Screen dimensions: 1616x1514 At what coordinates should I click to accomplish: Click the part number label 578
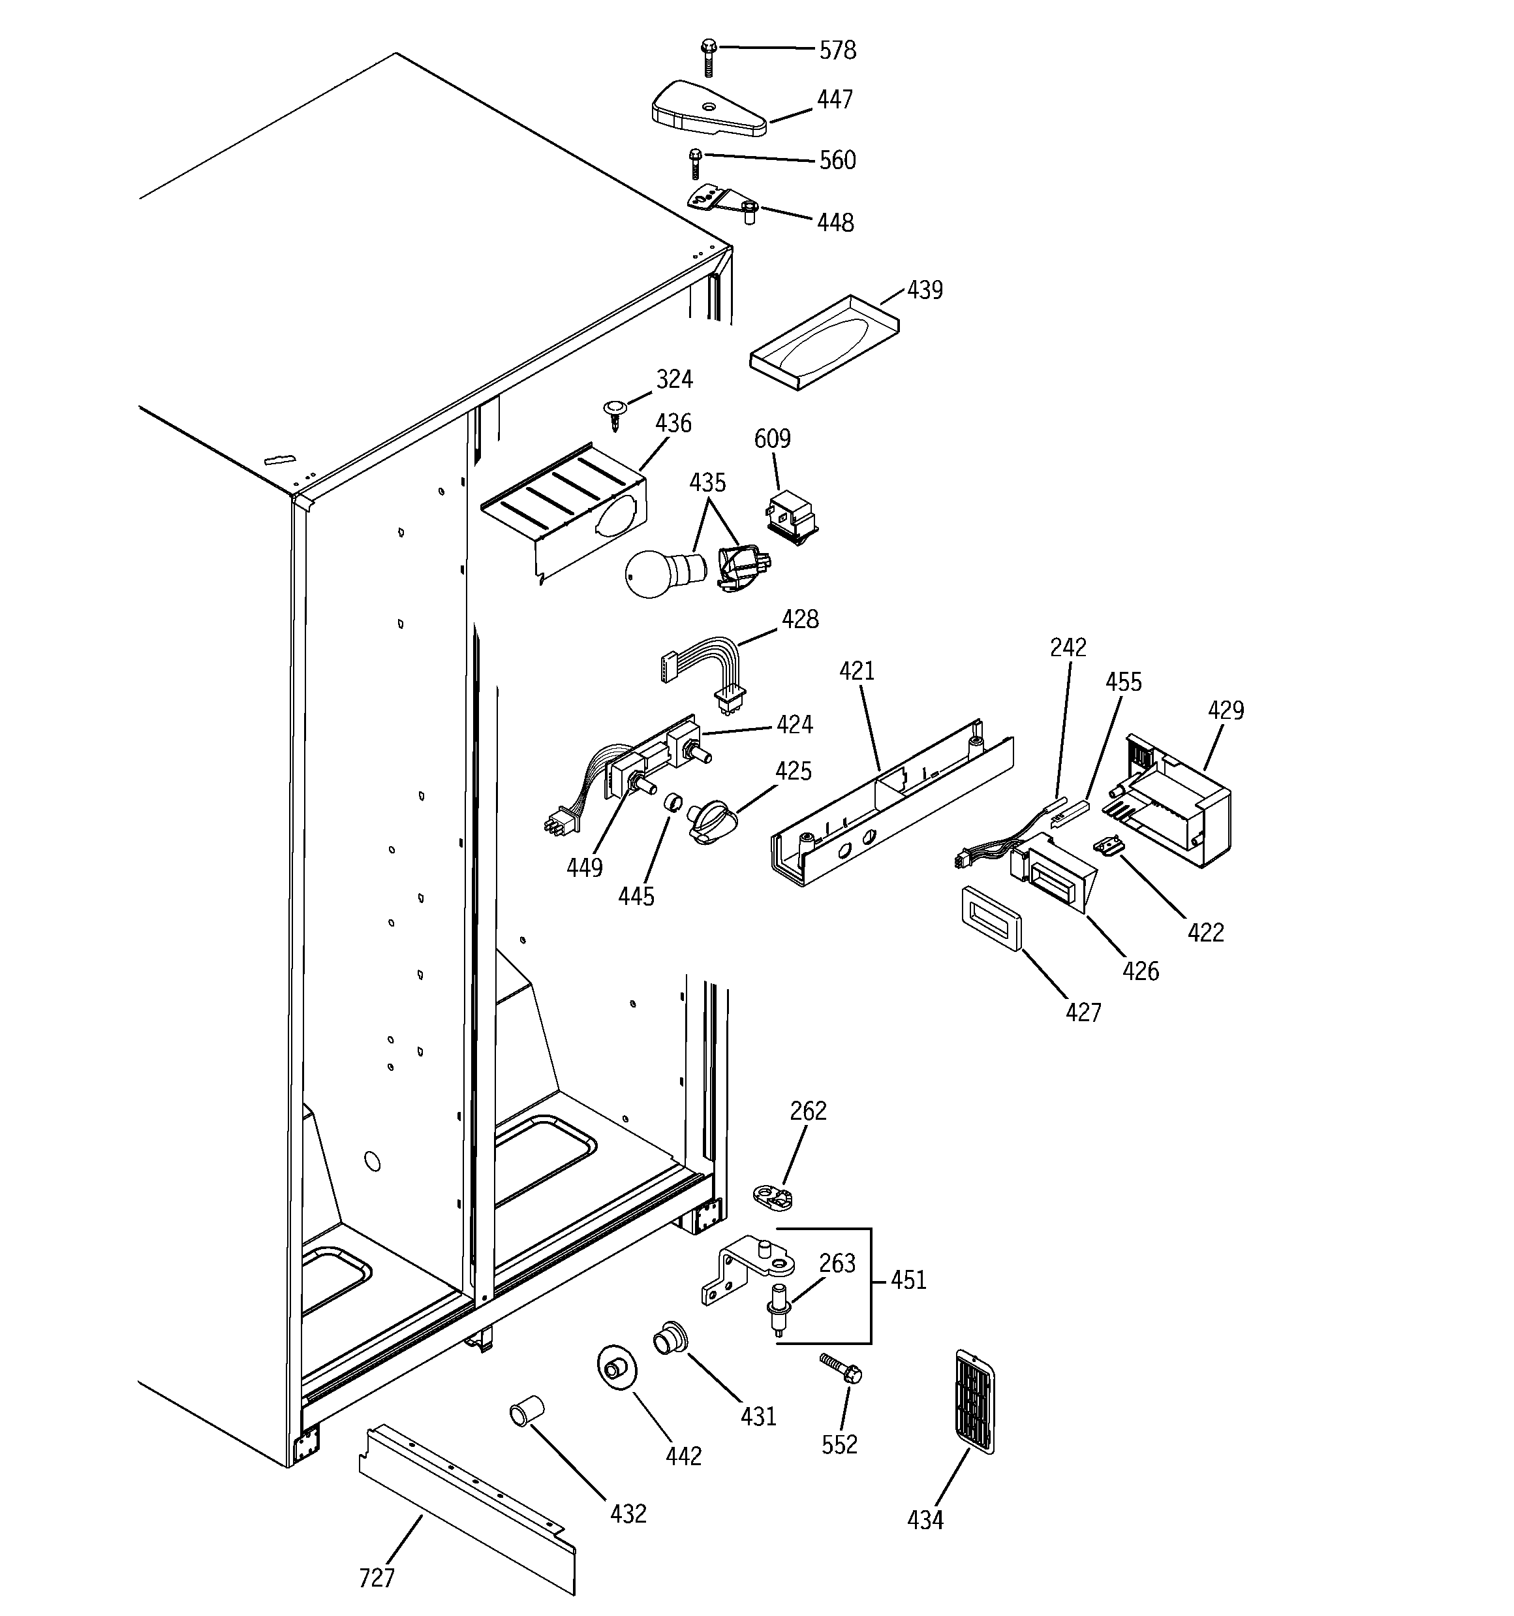[x=837, y=50]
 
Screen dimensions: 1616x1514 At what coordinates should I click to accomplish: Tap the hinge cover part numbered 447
[x=706, y=109]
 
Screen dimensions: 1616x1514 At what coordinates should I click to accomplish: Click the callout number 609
[x=771, y=439]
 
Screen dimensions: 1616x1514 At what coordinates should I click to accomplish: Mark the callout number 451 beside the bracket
[x=908, y=1280]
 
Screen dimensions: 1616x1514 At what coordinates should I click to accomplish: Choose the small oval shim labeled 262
[x=773, y=1196]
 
